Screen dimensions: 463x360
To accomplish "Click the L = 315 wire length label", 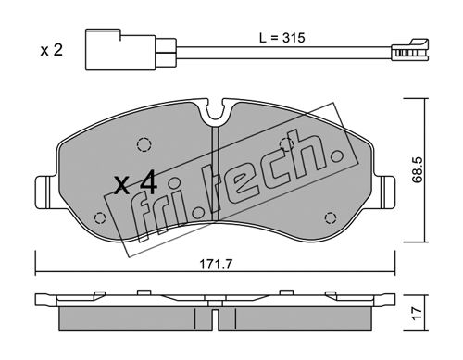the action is pyautogui.click(x=282, y=38).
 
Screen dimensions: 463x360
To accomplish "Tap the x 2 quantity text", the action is pyautogui.click(x=52, y=50).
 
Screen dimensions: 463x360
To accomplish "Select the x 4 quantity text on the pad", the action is pyautogui.click(x=136, y=184).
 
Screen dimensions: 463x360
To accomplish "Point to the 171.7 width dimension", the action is pyautogui.click(x=216, y=265).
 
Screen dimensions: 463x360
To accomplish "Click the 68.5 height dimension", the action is pyautogui.click(x=418, y=169).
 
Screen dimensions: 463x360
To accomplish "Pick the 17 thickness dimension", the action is pyautogui.click(x=417, y=314).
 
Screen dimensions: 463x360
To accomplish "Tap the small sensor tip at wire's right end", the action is pyautogui.click(x=410, y=50).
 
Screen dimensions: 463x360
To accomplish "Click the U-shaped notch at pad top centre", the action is pyautogui.click(x=216, y=110).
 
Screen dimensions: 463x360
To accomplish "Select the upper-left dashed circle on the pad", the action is pyautogui.click(x=144, y=144).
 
